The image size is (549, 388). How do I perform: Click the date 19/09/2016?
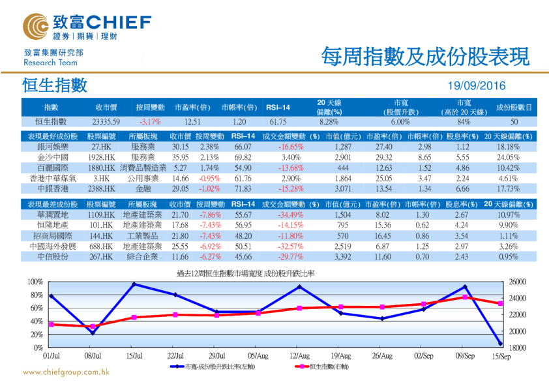(x=477, y=86)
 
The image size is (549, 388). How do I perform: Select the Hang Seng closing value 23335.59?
(x=106, y=121)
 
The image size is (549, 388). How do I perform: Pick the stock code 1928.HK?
(x=102, y=157)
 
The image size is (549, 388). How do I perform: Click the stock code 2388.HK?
(x=102, y=188)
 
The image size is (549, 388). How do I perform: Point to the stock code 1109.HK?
(x=102, y=215)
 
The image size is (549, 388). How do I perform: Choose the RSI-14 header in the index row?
(x=278, y=107)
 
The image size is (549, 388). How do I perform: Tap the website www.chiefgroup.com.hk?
(x=66, y=372)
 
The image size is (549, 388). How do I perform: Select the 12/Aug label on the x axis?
(x=299, y=356)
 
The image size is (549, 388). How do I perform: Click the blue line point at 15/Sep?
(x=500, y=343)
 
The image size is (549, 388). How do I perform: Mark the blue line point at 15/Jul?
(x=134, y=284)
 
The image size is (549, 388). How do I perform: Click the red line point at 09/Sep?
(x=465, y=297)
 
